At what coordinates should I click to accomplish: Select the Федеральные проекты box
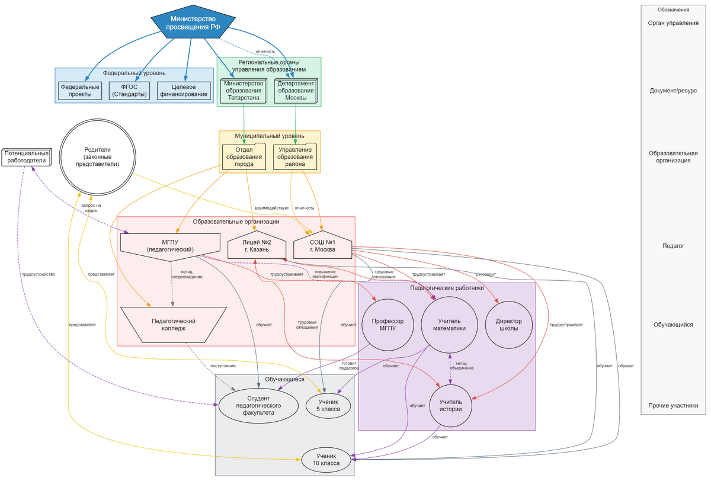pyautogui.click(x=80, y=91)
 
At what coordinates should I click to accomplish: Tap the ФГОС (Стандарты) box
pyautogui.click(x=129, y=91)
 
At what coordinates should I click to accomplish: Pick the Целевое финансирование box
pyautogui.click(x=184, y=91)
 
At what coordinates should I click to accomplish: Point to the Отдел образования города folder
pyautogui.click(x=244, y=157)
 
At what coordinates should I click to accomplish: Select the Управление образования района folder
pyautogui.click(x=295, y=157)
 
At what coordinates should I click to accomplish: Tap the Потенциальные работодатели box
pyautogui.click(x=26, y=157)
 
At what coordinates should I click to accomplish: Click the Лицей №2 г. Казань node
pyautogui.click(x=257, y=246)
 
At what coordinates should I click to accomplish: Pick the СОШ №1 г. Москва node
pyautogui.click(x=322, y=246)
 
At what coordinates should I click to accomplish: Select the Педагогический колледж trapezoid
pyautogui.click(x=173, y=325)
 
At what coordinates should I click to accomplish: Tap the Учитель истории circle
pyautogui.click(x=450, y=405)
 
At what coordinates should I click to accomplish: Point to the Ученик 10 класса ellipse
pyautogui.click(x=326, y=460)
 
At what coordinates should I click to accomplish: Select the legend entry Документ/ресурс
pyautogui.click(x=672, y=91)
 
